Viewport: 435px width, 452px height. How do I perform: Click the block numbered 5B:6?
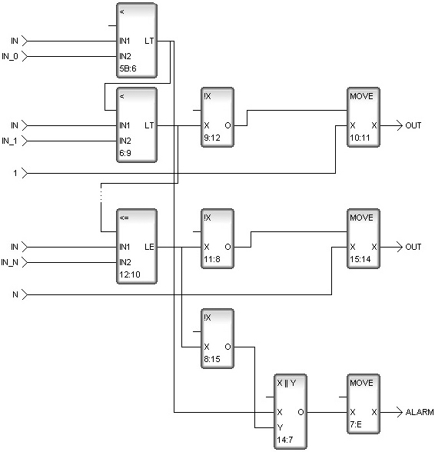[137, 40]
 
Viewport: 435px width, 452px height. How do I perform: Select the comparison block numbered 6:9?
[137, 125]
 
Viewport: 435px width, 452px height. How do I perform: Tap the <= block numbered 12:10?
[137, 247]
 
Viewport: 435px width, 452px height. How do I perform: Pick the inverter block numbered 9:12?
[217, 118]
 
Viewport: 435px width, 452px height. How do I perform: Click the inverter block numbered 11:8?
[217, 238]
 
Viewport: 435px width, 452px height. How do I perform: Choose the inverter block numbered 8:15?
[217, 339]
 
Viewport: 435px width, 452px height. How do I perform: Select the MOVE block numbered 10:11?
[364, 118]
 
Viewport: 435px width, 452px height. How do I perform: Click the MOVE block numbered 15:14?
[364, 238]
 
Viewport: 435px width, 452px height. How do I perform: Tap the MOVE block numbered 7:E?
[364, 404]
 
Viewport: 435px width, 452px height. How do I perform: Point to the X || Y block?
[291, 412]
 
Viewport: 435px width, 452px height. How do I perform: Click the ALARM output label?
[420, 412]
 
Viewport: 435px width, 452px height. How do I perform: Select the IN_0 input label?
[10, 56]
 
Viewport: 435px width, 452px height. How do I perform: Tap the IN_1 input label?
[9, 141]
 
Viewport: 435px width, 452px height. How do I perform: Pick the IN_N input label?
[9, 262]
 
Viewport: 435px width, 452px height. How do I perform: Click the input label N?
[15, 294]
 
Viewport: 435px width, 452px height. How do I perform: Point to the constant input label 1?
[15, 173]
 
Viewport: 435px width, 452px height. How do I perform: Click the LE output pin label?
[149, 247]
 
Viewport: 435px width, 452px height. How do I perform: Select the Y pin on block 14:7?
[280, 427]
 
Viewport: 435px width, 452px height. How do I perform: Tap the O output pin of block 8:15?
[227, 347]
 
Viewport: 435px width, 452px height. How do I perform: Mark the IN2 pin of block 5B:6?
[125, 56]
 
